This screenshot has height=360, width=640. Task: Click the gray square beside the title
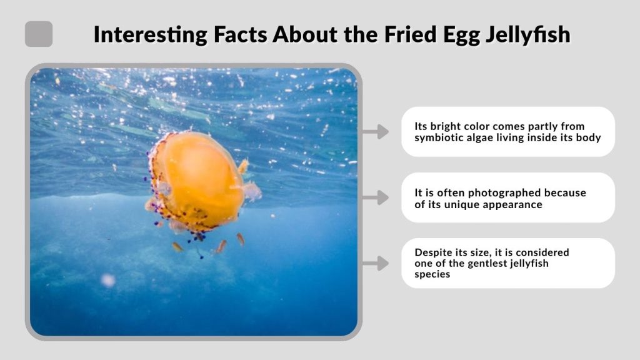tap(39, 34)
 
